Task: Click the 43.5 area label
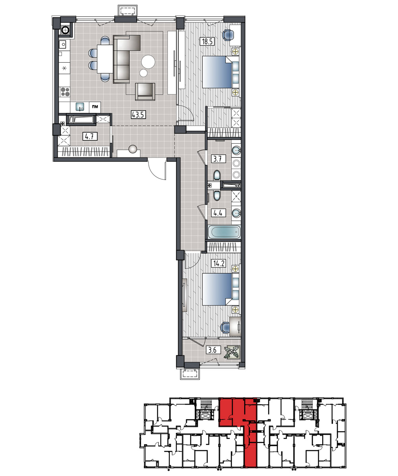point(138,115)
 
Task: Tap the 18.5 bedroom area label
point(207,42)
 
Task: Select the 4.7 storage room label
point(90,136)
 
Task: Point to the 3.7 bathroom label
point(218,159)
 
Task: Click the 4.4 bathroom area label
point(218,213)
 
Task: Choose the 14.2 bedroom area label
point(219,263)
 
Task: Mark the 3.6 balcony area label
point(213,350)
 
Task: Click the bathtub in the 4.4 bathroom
point(224,232)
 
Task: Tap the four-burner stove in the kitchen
point(65,92)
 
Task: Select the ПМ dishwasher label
point(95,107)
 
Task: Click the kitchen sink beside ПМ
point(80,106)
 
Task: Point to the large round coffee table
point(148,62)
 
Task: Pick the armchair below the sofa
point(145,92)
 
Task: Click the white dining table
point(105,59)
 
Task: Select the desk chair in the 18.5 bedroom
point(228,35)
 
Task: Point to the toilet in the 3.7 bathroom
point(217,175)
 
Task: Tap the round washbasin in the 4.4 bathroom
point(236,213)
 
